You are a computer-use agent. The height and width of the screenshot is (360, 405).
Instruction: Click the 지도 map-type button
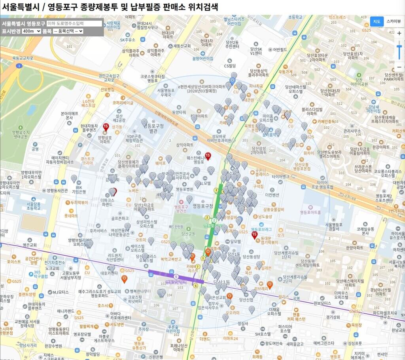click(x=377, y=21)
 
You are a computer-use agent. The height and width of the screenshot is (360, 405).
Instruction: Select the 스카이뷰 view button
click(x=394, y=21)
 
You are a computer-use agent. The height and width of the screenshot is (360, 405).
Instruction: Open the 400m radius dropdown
click(x=32, y=31)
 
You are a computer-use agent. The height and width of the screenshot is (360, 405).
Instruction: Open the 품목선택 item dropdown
click(x=68, y=31)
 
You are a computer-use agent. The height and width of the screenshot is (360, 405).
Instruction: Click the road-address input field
click(x=74, y=24)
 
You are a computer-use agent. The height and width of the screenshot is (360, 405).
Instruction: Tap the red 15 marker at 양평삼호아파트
click(x=106, y=127)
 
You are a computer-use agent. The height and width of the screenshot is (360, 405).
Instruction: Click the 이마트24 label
click(x=230, y=339)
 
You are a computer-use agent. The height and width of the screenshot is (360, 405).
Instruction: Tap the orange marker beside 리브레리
click(x=270, y=285)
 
